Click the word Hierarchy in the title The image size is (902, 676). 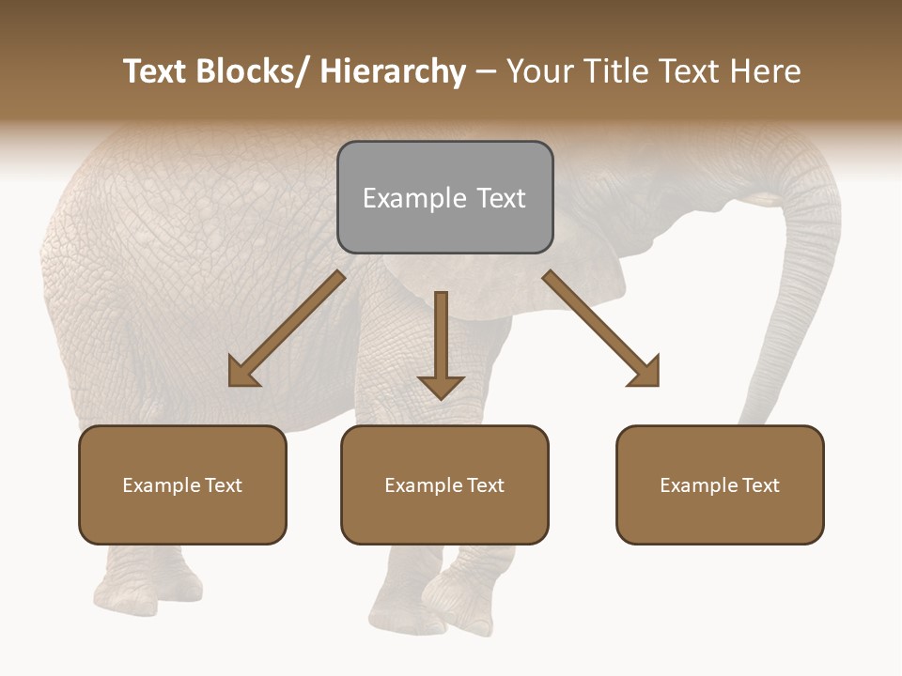click(392, 71)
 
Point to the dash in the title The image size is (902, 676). click(486, 71)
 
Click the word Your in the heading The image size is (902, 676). click(539, 71)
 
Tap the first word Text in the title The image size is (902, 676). click(155, 71)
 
